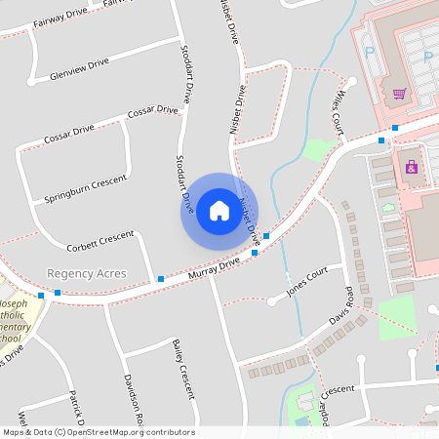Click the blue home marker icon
tap(219, 211)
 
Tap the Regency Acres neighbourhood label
tap(87, 274)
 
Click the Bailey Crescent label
tap(182, 369)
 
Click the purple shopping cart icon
tap(399, 94)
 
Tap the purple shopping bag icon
tap(412, 167)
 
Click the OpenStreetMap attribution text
tap(99, 432)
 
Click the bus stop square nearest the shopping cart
tap(395, 128)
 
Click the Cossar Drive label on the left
tap(69, 135)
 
